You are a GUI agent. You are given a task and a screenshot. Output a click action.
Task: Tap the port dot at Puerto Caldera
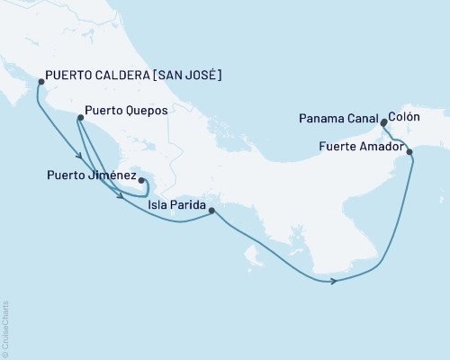[40, 82]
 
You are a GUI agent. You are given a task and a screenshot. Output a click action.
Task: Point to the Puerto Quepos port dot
[77, 118]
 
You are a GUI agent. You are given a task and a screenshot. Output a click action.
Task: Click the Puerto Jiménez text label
[93, 175]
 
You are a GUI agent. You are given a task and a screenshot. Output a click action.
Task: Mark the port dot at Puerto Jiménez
[141, 180]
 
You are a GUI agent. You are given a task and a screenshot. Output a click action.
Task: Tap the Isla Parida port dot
[211, 211]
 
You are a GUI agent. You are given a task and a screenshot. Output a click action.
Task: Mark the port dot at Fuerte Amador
[410, 152]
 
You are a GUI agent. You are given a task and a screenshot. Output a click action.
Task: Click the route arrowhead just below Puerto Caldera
[80, 157]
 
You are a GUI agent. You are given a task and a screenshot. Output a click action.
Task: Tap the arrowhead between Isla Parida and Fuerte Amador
[334, 282]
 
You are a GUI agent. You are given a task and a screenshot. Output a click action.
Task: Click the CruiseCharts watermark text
[6, 328]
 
